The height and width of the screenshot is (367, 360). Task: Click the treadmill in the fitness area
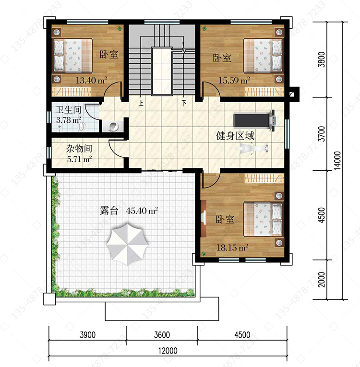[x=254, y=120]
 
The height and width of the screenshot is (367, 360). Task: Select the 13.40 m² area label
[x=92, y=80]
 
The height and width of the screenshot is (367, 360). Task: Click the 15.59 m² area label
[x=234, y=81]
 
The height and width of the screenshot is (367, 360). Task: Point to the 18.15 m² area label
[x=233, y=248]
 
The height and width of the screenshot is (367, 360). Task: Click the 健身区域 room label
[x=235, y=136]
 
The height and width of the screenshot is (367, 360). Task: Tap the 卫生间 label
[x=68, y=109]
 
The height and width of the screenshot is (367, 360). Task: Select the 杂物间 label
[x=79, y=148]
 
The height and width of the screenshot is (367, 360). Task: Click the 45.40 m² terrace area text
[x=142, y=211]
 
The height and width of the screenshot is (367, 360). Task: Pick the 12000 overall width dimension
[x=168, y=351]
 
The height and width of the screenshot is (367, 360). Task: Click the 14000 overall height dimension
[x=337, y=161]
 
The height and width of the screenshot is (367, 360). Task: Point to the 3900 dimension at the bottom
[x=87, y=335]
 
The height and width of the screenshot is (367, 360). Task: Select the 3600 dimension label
[x=162, y=335]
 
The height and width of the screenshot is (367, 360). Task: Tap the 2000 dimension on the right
[x=322, y=279]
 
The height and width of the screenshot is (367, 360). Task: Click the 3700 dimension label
[x=322, y=134]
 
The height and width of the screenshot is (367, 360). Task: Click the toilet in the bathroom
[x=81, y=126]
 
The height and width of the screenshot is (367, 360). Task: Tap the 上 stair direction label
[x=141, y=103]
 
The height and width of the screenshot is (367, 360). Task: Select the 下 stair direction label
[x=184, y=103]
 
